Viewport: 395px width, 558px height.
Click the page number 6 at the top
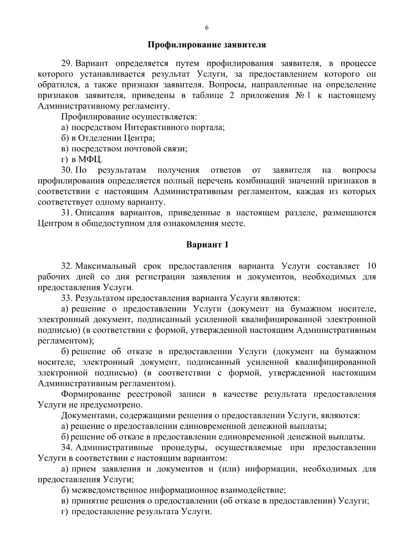pyautogui.click(x=206, y=28)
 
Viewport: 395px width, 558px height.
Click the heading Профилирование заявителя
pyautogui.click(x=206, y=45)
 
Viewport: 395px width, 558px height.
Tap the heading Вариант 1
pyautogui.click(x=207, y=245)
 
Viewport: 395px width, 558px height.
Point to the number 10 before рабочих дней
pyautogui.click(x=371, y=266)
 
